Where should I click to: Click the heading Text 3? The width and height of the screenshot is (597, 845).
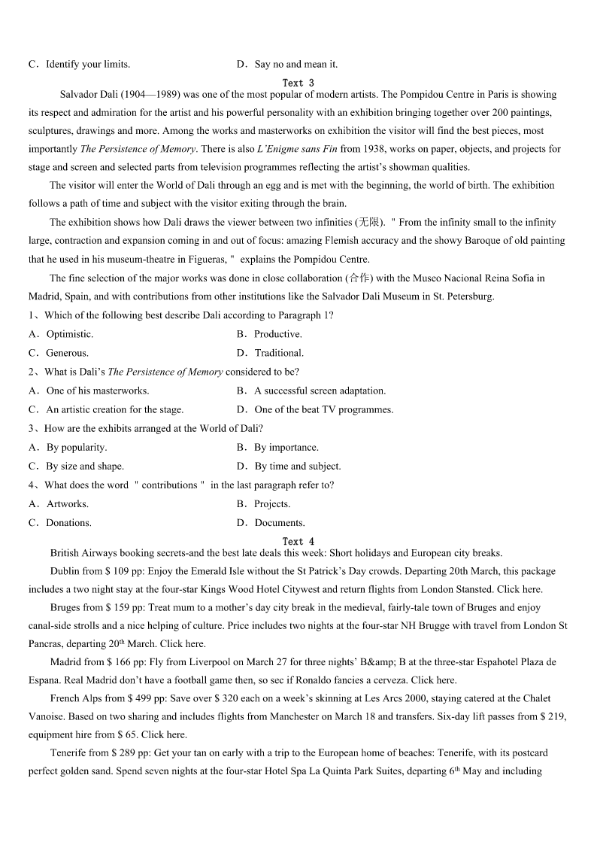[298, 83]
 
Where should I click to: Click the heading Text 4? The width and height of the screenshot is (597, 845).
[298, 541]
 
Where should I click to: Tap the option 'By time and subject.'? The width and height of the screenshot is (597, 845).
[297, 466]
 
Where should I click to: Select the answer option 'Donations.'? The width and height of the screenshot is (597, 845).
[68, 523]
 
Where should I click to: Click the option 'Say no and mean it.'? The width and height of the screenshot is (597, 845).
[295, 64]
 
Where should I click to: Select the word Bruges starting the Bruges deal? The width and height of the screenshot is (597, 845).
[65, 607]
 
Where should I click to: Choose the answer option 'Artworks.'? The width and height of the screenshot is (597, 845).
[67, 504]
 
